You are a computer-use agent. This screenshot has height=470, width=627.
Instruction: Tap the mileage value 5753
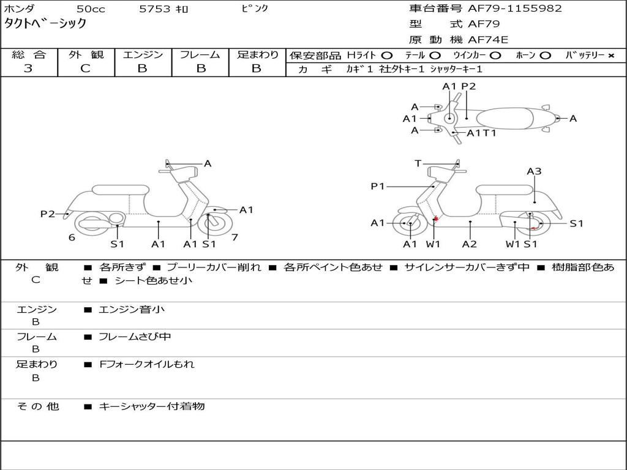154,9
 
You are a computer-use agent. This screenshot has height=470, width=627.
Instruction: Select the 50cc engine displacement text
90,9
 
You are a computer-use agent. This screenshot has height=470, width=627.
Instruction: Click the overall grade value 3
28,69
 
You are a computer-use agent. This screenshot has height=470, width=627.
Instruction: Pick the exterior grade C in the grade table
85,69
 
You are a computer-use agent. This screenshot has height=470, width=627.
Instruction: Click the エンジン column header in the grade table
143,54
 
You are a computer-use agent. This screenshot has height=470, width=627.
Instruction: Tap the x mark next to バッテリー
610,55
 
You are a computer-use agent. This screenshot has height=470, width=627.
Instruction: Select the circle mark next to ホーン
546,55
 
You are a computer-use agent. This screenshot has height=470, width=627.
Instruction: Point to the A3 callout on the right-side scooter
534,171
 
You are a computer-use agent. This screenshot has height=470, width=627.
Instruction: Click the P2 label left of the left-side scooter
47,214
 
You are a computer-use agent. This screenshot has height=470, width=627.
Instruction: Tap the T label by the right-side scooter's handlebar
418,163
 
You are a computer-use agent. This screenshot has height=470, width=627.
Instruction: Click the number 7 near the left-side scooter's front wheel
235,237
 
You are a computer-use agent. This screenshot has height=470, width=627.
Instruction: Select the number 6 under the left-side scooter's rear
72,237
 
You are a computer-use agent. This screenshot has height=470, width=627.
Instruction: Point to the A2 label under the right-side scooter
470,244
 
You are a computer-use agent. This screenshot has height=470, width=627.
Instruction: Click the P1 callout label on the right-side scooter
377,186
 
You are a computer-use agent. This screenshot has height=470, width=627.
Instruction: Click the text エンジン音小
132,310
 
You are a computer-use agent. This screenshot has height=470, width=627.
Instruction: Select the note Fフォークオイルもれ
146,364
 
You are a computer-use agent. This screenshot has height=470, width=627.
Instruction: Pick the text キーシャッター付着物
151,406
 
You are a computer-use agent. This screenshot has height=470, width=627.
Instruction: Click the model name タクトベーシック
46,24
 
